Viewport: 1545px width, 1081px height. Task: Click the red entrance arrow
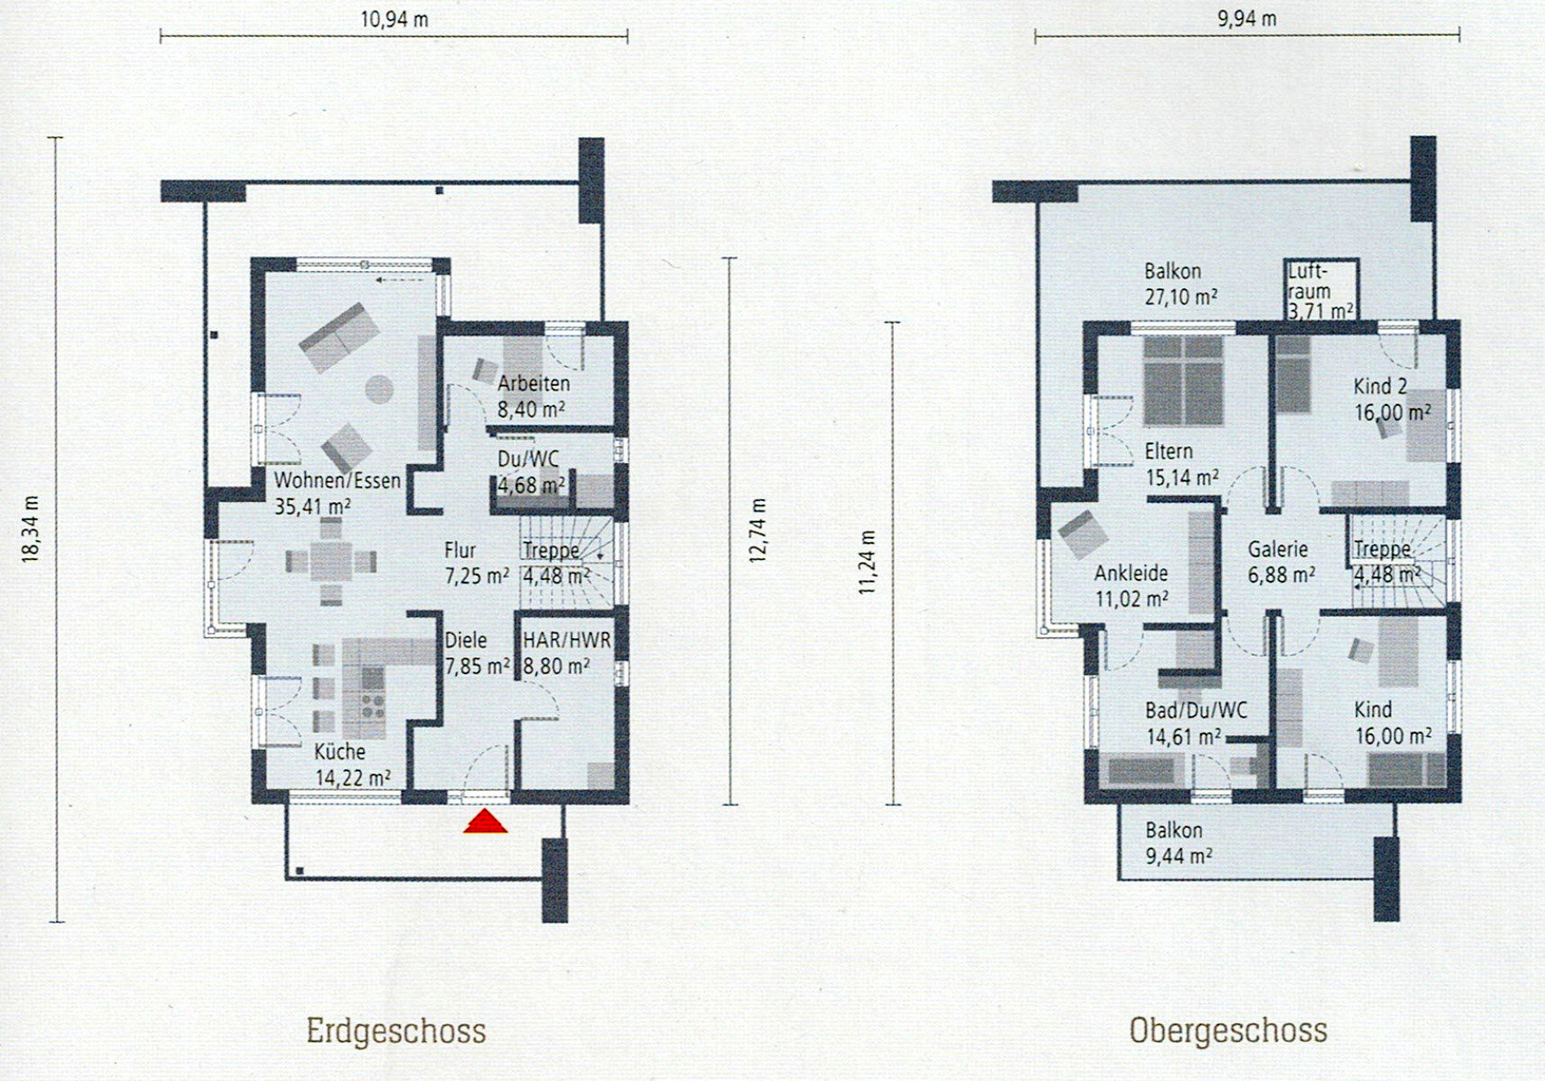coord(486,822)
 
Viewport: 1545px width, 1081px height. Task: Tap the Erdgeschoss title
coord(396,1030)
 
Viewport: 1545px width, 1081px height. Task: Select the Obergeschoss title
coord(1228,1030)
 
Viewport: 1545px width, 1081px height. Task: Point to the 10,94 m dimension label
coord(395,19)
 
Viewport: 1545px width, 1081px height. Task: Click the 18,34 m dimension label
coord(31,529)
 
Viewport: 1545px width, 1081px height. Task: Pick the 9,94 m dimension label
coord(1247,19)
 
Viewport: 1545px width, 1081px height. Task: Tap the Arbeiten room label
coord(534,383)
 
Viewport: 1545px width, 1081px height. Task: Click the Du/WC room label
coord(528,460)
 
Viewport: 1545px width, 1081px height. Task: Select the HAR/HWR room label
coord(567,640)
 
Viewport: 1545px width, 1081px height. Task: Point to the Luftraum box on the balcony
coord(1321,290)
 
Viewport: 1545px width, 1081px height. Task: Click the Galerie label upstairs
coord(1278,549)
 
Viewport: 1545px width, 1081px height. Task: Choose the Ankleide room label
coord(1132,573)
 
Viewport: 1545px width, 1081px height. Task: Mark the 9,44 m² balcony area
coord(1179,855)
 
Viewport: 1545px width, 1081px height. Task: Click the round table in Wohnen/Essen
coord(379,390)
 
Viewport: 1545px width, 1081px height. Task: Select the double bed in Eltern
coord(1183,381)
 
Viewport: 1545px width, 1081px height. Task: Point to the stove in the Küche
coord(372,704)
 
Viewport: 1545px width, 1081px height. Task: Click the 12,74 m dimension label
coord(757,530)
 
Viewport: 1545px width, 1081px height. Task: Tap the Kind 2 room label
coord(1380,386)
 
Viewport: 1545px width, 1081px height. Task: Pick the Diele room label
coord(466,640)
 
